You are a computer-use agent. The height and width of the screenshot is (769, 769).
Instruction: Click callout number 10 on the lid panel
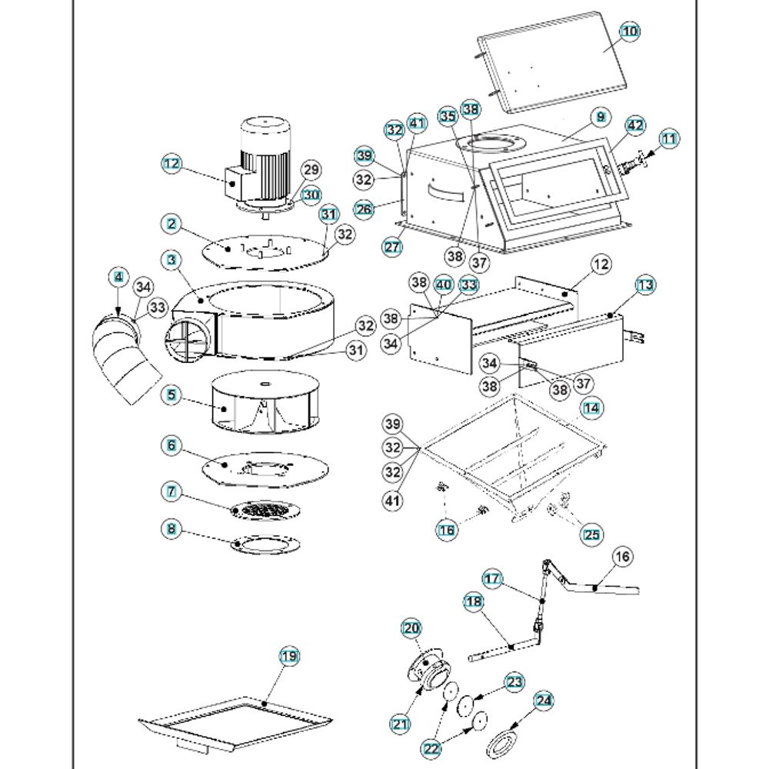[630, 31]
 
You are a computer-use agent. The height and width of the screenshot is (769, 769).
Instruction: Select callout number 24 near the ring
[544, 700]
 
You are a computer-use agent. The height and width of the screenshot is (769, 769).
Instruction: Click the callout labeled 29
[311, 169]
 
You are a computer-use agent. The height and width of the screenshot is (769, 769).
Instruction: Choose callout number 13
[645, 285]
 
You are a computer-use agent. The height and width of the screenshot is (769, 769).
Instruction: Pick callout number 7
[171, 489]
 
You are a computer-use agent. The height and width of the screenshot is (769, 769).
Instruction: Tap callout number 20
[411, 628]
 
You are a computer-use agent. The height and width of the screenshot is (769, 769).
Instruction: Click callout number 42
[634, 125]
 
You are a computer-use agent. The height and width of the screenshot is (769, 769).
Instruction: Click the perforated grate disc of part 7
[265, 510]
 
